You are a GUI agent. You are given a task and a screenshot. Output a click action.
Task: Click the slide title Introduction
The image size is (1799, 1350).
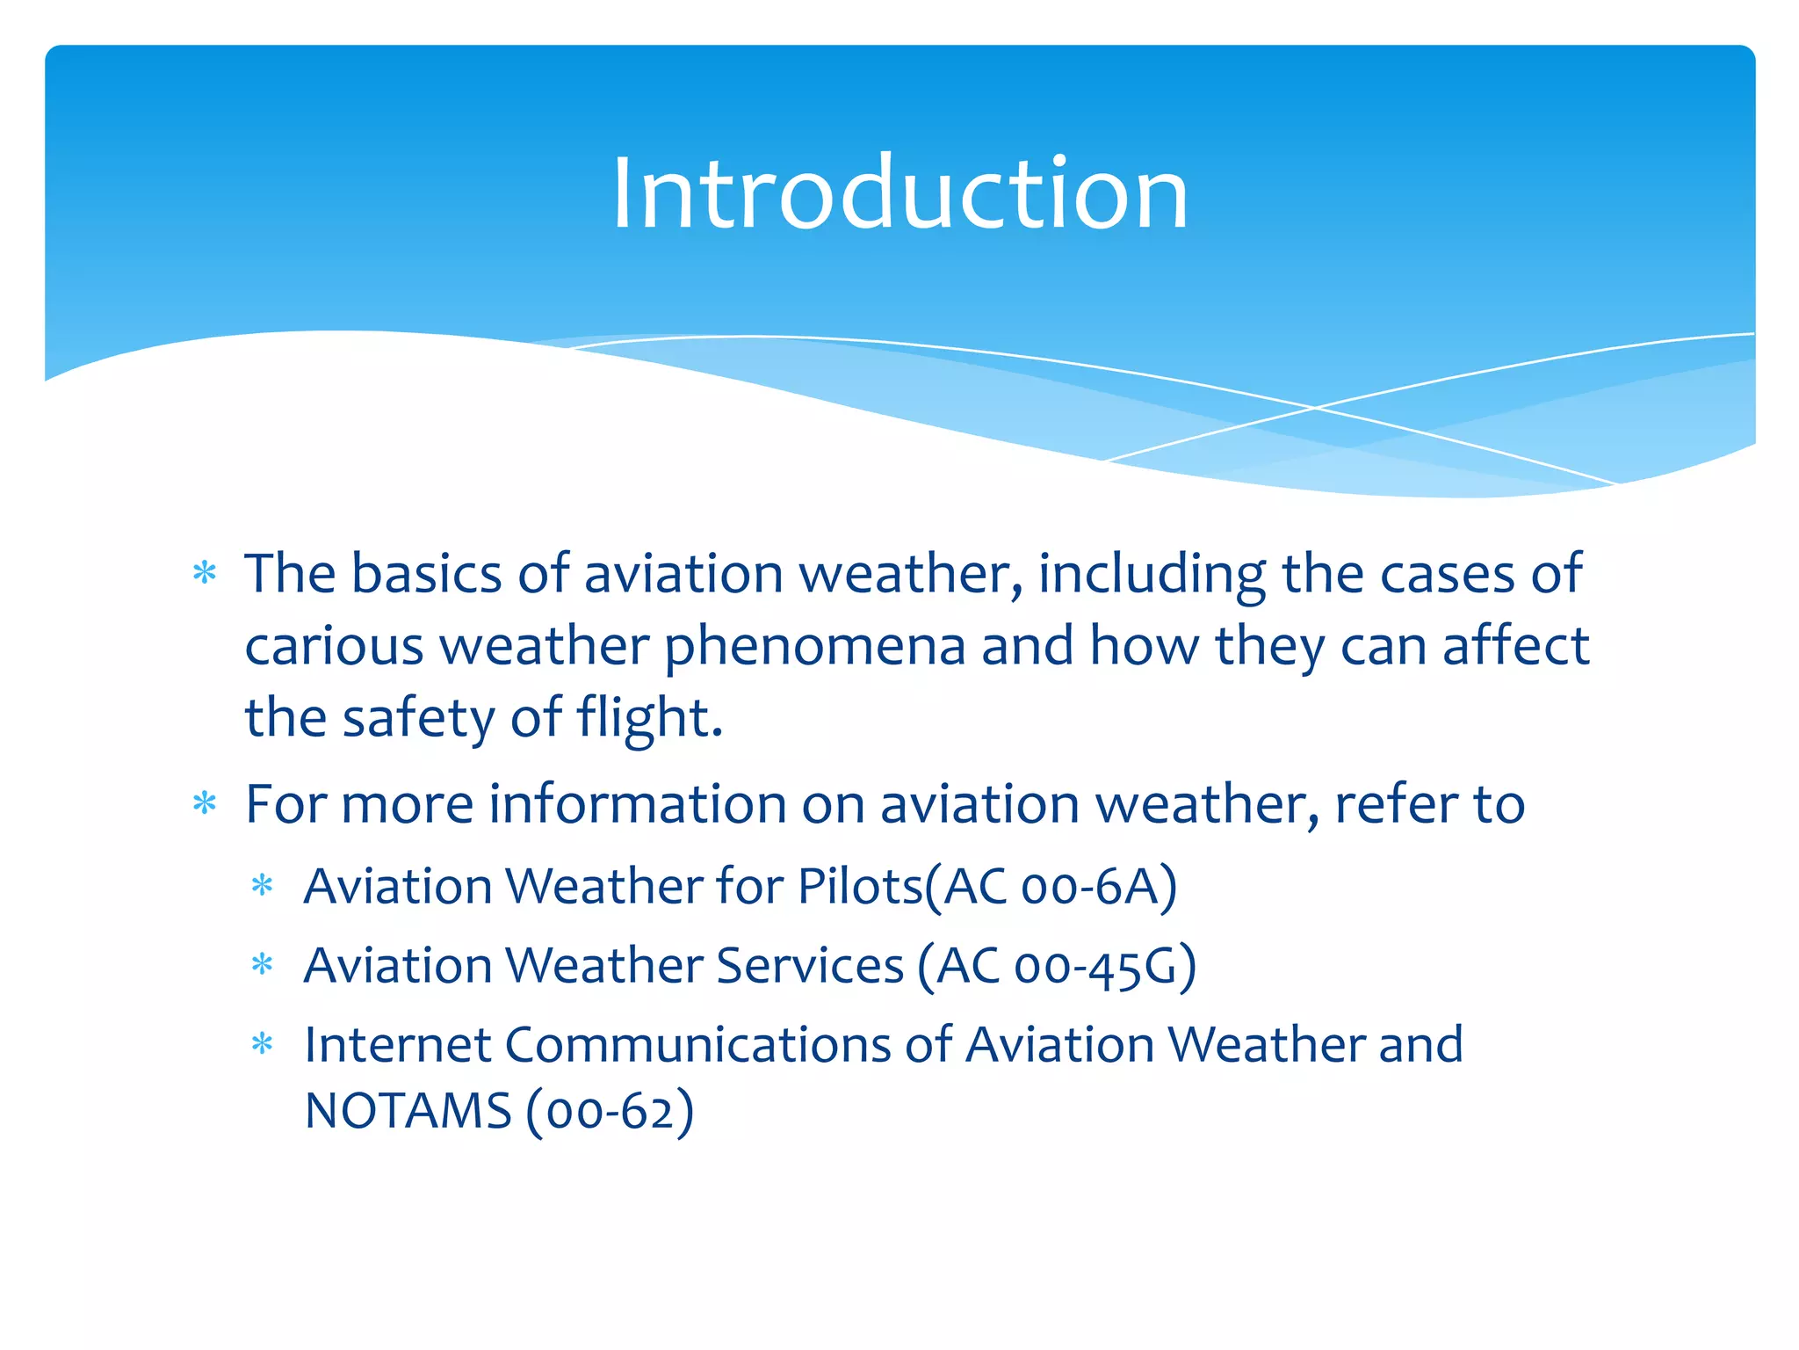click(x=899, y=193)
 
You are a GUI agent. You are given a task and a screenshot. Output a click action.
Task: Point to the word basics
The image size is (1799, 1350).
click(x=427, y=574)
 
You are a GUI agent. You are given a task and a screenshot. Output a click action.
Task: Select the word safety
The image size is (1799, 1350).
click(x=418, y=718)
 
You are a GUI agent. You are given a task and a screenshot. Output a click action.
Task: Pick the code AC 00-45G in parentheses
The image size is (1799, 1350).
click(x=1057, y=966)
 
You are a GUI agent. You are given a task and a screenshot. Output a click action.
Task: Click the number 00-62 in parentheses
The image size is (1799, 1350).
click(x=610, y=1111)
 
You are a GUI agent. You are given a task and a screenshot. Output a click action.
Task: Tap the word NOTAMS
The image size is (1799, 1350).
click(x=408, y=1111)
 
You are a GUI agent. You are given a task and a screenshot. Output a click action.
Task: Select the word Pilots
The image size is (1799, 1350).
click(x=859, y=886)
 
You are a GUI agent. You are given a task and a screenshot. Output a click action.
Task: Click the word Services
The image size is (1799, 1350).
click(x=809, y=966)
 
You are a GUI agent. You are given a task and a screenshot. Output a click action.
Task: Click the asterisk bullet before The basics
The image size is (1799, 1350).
click(x=205, y=574)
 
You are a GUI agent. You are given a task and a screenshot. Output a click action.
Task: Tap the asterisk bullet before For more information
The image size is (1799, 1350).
click(x=205, y=803)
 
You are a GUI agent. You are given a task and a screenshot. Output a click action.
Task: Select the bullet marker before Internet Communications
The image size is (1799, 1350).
click(x=263, y=1045)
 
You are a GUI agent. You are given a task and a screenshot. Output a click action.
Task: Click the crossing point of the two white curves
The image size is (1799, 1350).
click(x=1315, y=408)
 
